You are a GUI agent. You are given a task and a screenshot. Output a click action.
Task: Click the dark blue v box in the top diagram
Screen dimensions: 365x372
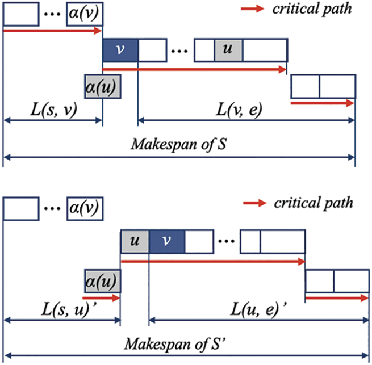tap(120, 50)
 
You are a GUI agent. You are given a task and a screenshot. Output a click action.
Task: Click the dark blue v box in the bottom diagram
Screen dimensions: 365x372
tap(167, 241)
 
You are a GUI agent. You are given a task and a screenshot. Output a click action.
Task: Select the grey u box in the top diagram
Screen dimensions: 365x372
tap(228, 50)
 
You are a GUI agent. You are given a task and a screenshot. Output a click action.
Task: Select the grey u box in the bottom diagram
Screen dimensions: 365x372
tap(135, 241)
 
